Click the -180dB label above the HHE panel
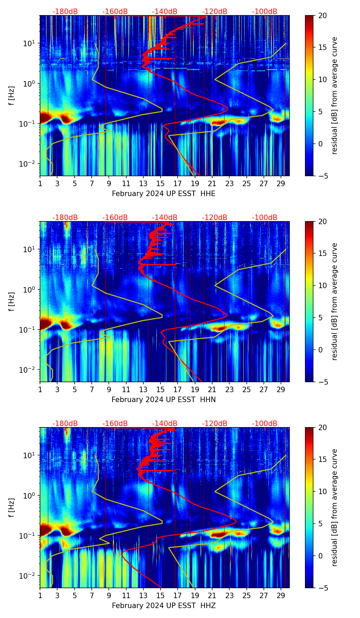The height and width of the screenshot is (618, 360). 65,12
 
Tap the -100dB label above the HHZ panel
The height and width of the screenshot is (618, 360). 265,424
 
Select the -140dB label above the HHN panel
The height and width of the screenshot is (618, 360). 165,218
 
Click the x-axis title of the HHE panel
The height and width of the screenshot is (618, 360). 164,194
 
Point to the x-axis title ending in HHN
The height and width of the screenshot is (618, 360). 164,400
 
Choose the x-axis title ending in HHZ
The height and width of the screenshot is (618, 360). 164,606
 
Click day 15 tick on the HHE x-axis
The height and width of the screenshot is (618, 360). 160,184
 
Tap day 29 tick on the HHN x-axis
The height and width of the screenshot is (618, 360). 281,390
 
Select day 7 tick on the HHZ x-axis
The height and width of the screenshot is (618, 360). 92,596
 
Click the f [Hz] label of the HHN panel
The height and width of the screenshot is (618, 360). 11,301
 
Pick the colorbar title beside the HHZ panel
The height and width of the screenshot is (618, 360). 334,507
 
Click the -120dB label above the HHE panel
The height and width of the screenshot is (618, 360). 215,12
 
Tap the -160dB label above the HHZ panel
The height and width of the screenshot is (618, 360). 115,424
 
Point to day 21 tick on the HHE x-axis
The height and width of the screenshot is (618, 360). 212,184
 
